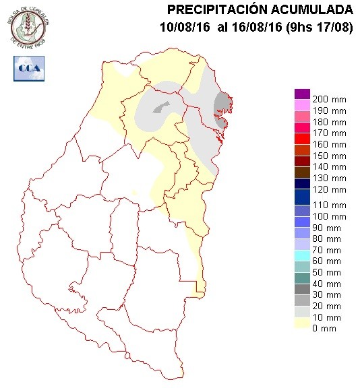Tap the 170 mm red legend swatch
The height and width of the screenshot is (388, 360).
301,133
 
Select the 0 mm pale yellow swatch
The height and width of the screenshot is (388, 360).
301,328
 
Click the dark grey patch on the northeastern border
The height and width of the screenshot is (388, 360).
222,106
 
